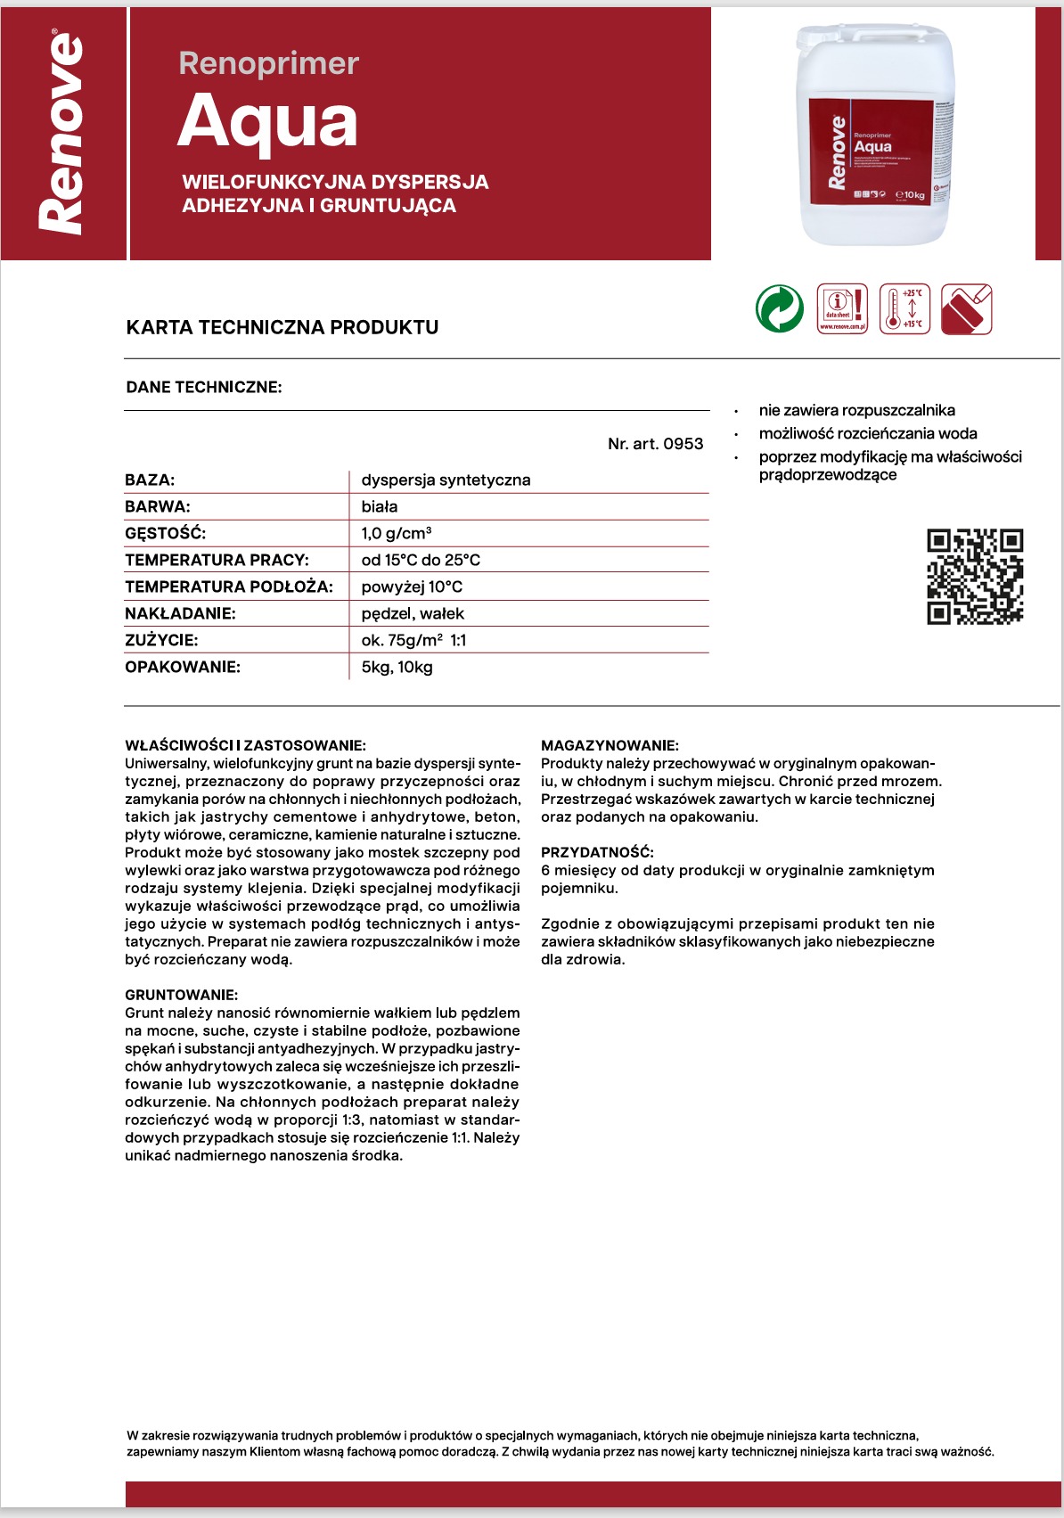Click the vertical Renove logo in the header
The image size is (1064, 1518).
62,134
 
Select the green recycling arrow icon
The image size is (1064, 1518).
780,309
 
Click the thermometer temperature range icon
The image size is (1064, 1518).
904,309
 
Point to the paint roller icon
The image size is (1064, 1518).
967,309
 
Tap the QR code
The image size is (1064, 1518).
975,577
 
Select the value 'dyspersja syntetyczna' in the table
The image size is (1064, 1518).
446,480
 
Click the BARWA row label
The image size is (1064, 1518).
158,506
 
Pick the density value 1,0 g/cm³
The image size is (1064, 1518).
397,533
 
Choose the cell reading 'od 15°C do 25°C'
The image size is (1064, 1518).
421,560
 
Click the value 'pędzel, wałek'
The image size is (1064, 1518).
413,613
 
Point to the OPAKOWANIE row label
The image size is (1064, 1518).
183,667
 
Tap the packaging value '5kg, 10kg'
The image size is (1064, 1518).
397,667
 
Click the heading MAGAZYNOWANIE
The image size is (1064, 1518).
610,745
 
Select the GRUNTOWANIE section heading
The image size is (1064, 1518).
181,995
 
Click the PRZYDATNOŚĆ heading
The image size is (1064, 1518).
597,852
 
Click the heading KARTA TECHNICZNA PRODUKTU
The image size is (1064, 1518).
282,327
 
